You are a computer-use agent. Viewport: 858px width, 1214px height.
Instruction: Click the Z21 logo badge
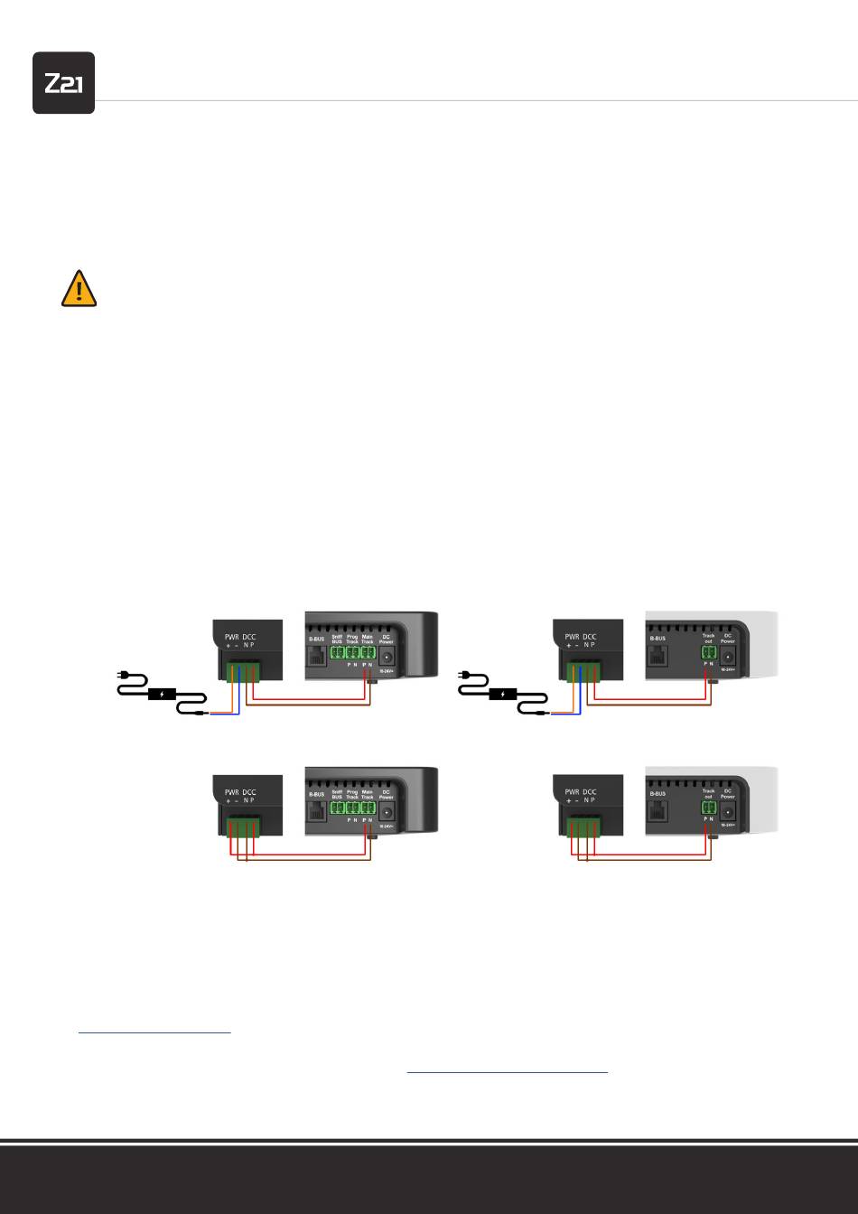[x=63, y=83]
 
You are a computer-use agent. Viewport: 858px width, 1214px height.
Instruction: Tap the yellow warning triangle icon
[x=79, y=289]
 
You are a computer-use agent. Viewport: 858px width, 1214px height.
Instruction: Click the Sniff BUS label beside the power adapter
[x=337, y=640]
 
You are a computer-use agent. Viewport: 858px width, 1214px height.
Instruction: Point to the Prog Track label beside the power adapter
[x=352, y=640]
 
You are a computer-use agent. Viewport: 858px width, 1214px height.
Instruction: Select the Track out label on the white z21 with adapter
[x=708, y=639]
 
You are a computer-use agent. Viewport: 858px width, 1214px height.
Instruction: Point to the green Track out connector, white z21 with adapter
[x=708, y=655]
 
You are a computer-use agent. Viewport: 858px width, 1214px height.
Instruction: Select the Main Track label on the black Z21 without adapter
[x=368, y=794]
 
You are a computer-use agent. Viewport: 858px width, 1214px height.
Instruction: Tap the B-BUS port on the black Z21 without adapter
[x=316, y=811]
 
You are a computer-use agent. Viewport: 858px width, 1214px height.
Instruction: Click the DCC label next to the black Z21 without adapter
[x=248, y=791]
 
